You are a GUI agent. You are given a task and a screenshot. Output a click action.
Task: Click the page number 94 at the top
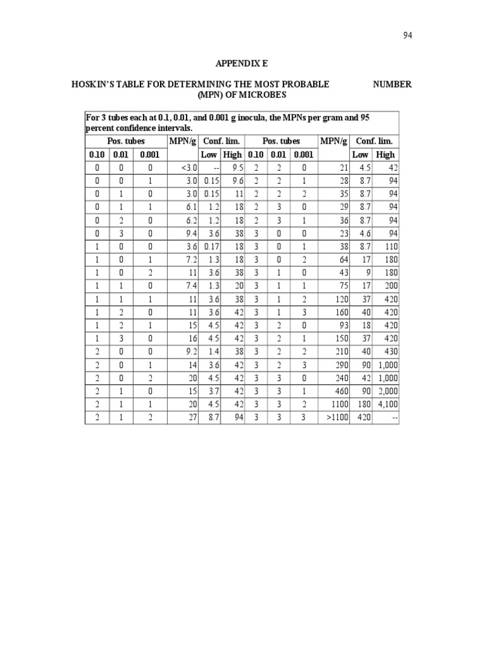[x=407, y=36]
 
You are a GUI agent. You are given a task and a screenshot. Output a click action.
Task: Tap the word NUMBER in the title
[x=392, y=84]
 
